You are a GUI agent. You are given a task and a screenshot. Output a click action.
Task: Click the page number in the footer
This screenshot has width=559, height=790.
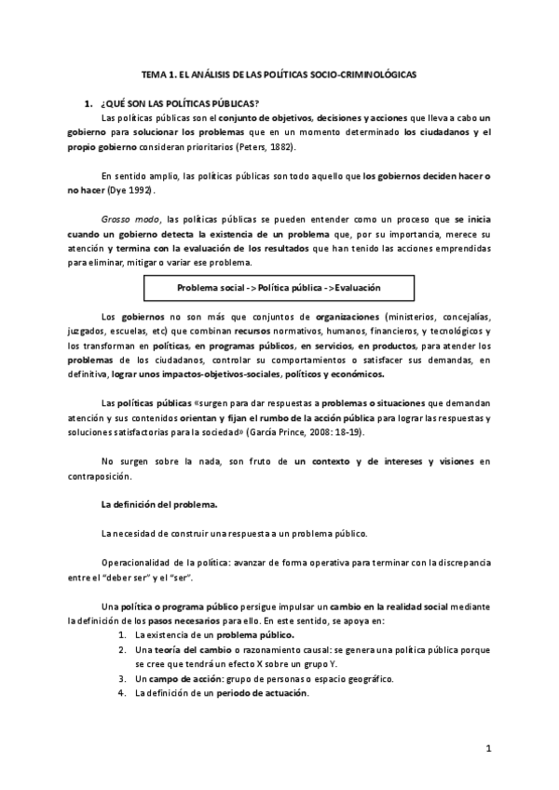pyautogui.click(x=487, y=749)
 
